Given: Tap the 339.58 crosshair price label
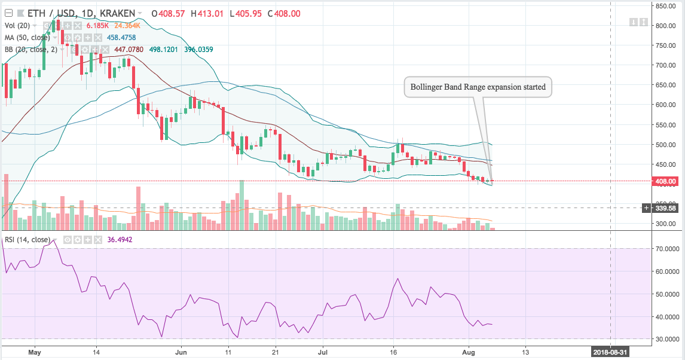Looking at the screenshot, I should coord(667,208).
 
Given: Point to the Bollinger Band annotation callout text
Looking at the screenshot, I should coord(478,87).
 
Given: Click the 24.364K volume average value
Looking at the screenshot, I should coord(127,25).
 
